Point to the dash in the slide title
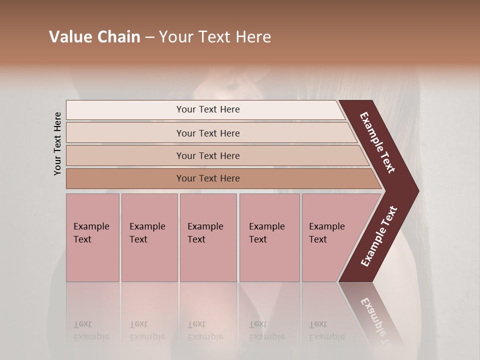149,37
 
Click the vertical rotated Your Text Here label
57,143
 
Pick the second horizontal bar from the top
208,133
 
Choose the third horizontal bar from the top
208,155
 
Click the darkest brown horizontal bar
208,178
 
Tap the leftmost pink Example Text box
92,237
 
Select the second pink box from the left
149,237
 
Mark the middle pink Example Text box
208,237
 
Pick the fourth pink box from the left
269,237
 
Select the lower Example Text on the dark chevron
379,236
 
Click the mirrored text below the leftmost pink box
91,330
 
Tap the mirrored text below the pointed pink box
326,330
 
